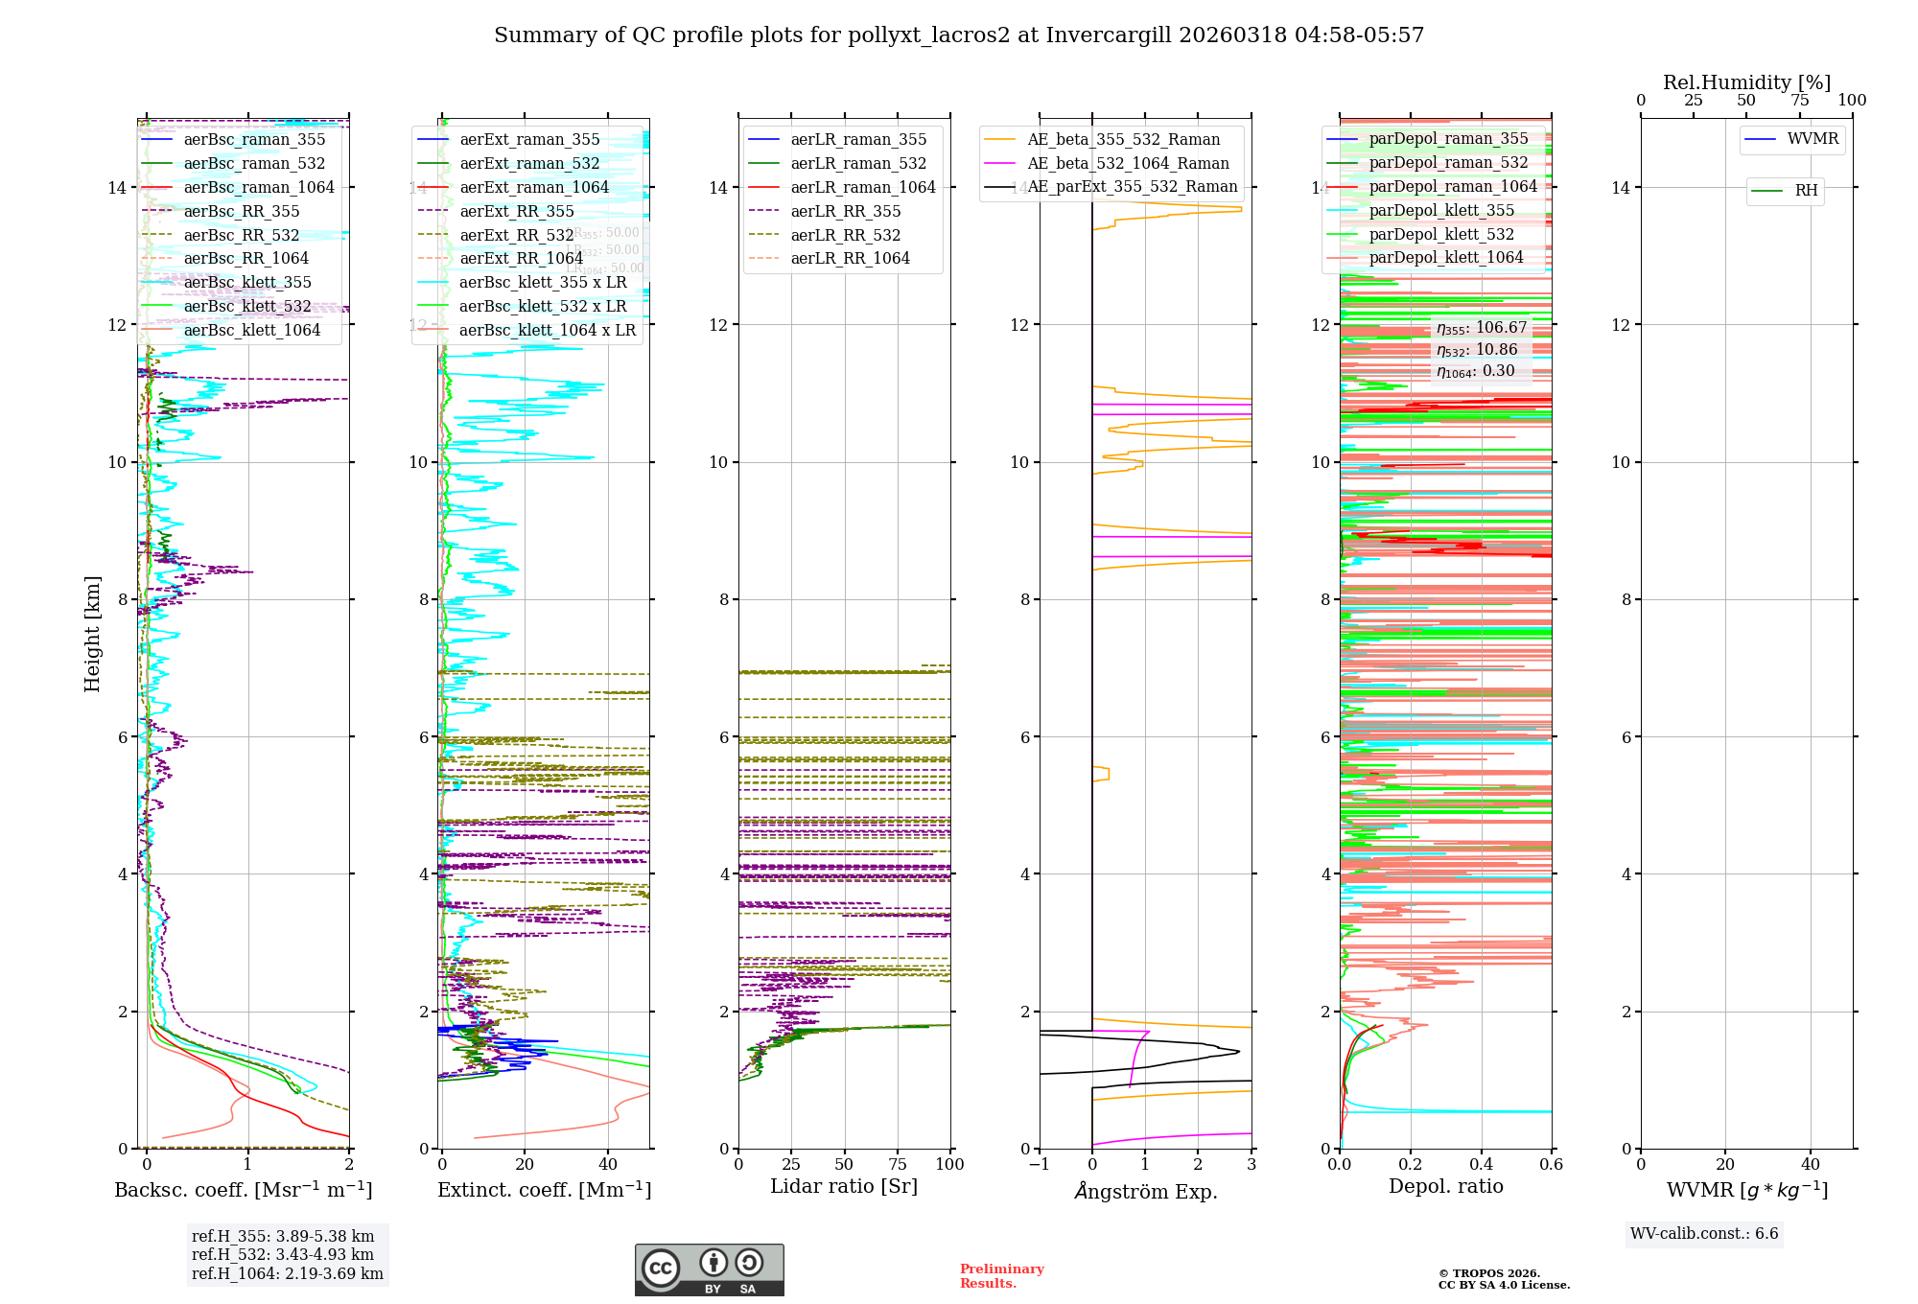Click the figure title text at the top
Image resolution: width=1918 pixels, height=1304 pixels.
pyautogui.click(x=959, y=35)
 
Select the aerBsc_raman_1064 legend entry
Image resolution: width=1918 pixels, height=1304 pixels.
pyautogui.click(x=259, y=188)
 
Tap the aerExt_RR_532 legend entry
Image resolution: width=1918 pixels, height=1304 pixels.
pyautogui.click(x=517, y=236)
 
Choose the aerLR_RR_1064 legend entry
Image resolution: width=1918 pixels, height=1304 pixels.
pyautogui.click(x=850, y=259)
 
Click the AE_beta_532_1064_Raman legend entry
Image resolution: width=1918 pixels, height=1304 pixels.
pyautogui.click(x=1128, y=164)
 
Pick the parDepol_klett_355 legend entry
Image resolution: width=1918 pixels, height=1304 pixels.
pyautogui.click(x=1441, y=211)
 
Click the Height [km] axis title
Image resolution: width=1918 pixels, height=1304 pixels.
pyautogui.click(x=92, y=633)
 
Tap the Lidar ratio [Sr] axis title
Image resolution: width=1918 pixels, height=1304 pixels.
pyautogui.click(x=844, y=1187)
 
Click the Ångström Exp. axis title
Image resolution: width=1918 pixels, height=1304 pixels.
pyautogui.click(x=1146, y=1192)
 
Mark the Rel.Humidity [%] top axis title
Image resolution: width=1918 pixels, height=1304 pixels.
pyautogui.click(x=1746, y=82)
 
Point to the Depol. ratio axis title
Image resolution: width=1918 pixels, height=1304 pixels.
pyautogui.click(x=1446, y=1187)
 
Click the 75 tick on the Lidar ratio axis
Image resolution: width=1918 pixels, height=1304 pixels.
pyautogui.click(x=898, y=1165)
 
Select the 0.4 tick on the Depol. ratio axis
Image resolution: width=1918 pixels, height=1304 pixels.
pyautogui.click(x=1481, y=1165)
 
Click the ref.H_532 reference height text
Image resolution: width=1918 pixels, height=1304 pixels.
pyautogui.click(x=283, y=1255)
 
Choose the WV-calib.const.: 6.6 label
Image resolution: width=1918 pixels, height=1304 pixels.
pyautogui.click(x=1704, y=1234)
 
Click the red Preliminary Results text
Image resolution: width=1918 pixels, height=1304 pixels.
pyautogui.click(x=1001, y=1276)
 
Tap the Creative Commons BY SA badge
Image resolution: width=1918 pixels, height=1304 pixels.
pyautogui.click(x=709, y=1270)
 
